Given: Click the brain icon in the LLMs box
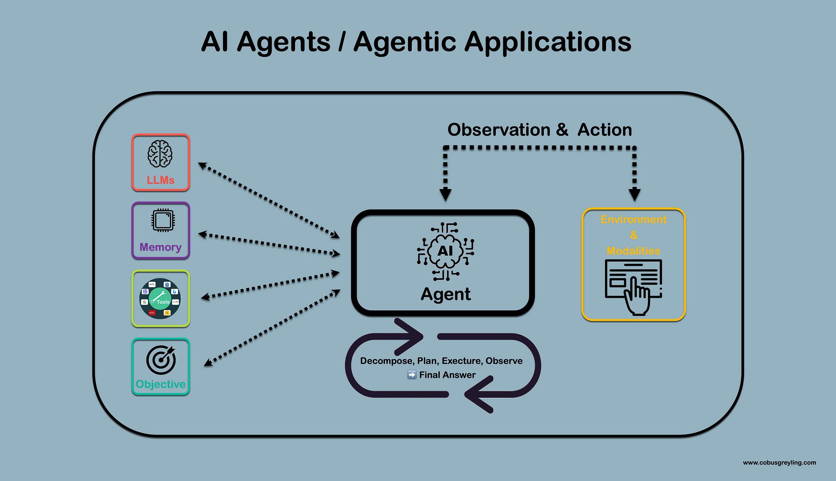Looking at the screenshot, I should pyautogui.click(x=160, y=154).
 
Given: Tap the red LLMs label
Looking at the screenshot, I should pyautogui.click(x=161, y=180).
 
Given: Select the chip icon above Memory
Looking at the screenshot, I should pyautogui.click(x=163, y=220).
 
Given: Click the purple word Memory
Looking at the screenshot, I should pyautogui.click(x=161, y=247).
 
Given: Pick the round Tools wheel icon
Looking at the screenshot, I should pyautogui.click(x=160, y=299).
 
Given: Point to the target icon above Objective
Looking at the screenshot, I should pyautogui.click(x=161, y=360).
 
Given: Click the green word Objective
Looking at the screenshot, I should pyautogui.click(x=161, y=384).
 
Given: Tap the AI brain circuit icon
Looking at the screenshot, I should pyautogui.click(x=446, y=251).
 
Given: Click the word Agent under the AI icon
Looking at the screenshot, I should pyautogui.click(x=446, y=294).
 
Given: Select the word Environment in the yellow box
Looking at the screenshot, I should pyautogui.click(x=633, y=220).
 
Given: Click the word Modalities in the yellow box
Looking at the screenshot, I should pyautogui.click(x=633, y=251).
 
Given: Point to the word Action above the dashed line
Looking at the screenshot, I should pyautogui.click(x=604, y=130).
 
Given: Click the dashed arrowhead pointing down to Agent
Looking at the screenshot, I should pyautogui.click(x=446, y=194).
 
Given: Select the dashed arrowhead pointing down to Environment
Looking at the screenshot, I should pyautogui.click(x=635, y=194).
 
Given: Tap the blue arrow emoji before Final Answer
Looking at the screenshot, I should pyautogui.click(x=412, y=375).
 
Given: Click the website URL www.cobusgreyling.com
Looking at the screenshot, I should pyautogui.click(x=779, y=463).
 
